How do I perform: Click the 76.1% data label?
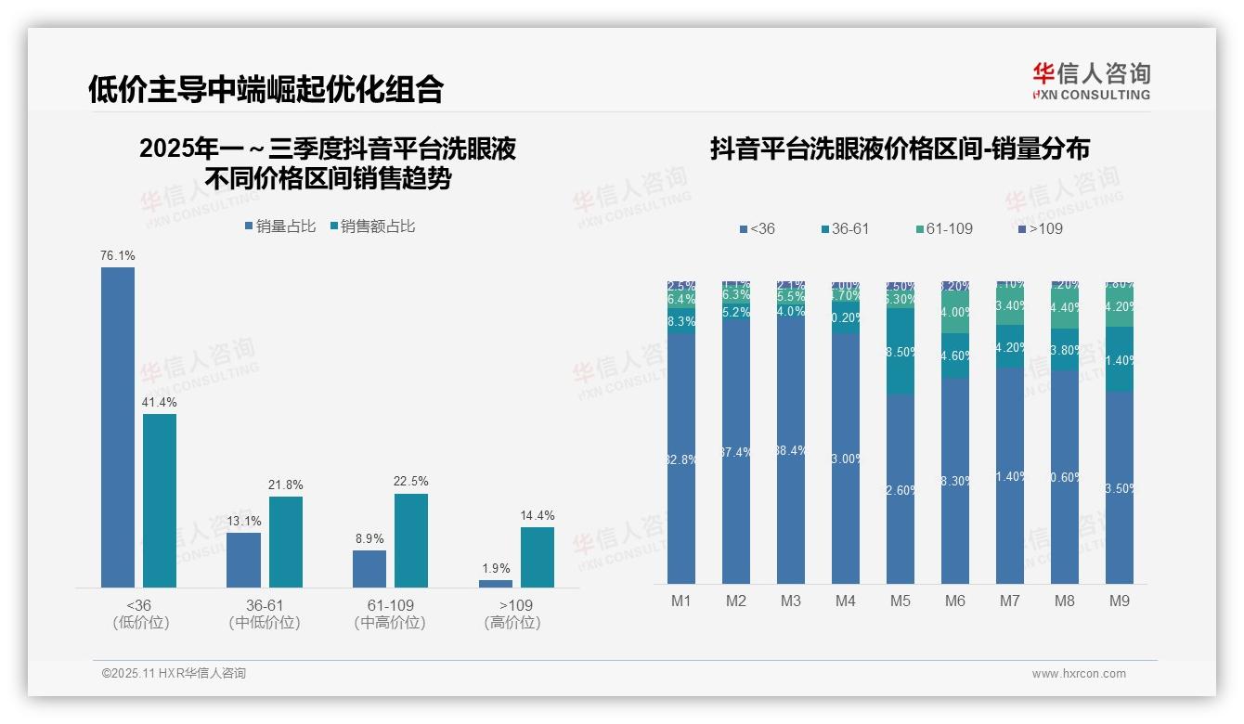tap(118, 255)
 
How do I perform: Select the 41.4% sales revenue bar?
tap(160, 500)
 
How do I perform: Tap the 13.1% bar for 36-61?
tap(243, 560)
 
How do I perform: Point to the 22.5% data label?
tap(411, 481)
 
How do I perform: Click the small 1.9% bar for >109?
tap(496, 584)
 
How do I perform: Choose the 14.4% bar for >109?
tap(538, 557)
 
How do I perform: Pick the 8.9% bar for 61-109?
tap(369, 569)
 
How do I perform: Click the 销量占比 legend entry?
tap(280, 226)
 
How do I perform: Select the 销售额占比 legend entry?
tap(372, 226)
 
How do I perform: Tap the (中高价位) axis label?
tap(390, 623)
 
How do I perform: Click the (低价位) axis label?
tap(140, 623)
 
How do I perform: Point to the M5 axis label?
tap(900, 601)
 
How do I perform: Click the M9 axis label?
tap(1120, 601)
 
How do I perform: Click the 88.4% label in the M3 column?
tap(790, 451)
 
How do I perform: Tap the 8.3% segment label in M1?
tap(681, 322)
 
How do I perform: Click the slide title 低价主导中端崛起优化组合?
tap(266, 89)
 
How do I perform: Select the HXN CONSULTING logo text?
tap(1092, 95)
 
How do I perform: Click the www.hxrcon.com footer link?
tap(1079, 674)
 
